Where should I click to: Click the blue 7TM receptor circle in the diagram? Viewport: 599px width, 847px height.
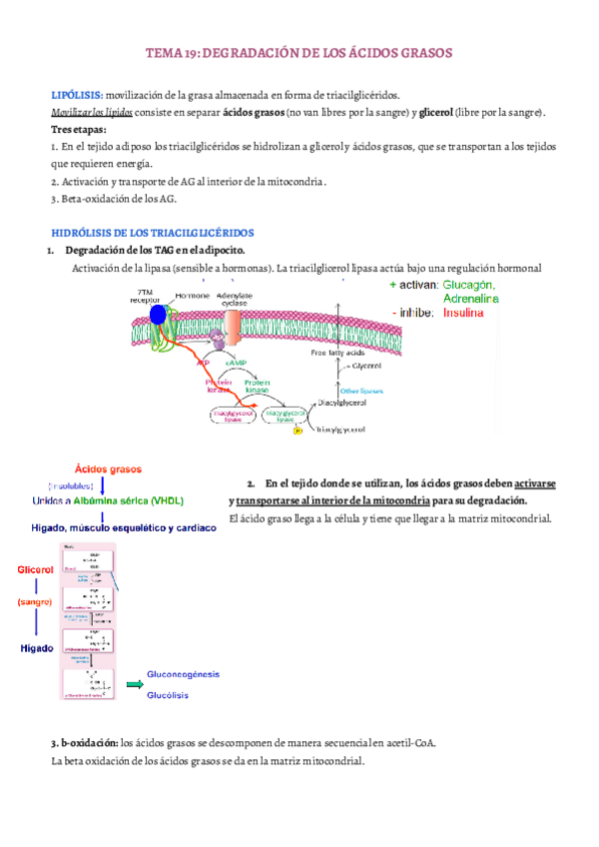coord(158,316)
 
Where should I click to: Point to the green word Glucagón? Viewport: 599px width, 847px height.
coord(469,285)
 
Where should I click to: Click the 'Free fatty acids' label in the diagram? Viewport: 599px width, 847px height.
coord(338,353)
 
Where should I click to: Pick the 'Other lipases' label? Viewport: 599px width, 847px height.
coord(362,391)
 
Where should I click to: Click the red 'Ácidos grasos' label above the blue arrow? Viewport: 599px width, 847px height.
coord(108,467)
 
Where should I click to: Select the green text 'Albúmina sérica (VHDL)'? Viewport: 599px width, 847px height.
coord(140,501)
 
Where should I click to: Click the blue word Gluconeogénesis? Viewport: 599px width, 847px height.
coord(184,674)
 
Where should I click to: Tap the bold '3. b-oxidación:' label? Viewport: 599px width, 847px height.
coord(83,744)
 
